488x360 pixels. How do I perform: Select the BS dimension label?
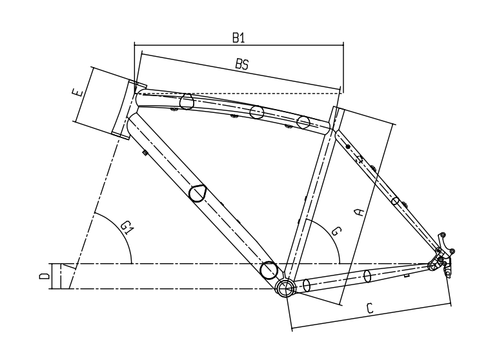click(x=241, y=65)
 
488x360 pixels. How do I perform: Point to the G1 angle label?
click(x=127, y=226)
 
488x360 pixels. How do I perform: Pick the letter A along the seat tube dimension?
click(x=361, y=212)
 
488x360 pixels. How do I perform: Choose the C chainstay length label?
click(x=370, y=308)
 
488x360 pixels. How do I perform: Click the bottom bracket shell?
click(x=284, y=287)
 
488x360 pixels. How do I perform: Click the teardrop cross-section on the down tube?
click(x=198, y=193)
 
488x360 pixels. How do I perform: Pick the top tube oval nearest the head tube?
click(x=187, y=101)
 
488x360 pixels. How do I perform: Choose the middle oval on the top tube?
click(x=257, y=112)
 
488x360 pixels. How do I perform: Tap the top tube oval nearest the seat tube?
click(x=304, y=121)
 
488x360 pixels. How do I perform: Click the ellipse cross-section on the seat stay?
click(x=395, y=201)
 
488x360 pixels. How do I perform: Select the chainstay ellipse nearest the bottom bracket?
click(x=307, y=285)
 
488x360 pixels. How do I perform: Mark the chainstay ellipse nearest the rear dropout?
click(x=368, y=276)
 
